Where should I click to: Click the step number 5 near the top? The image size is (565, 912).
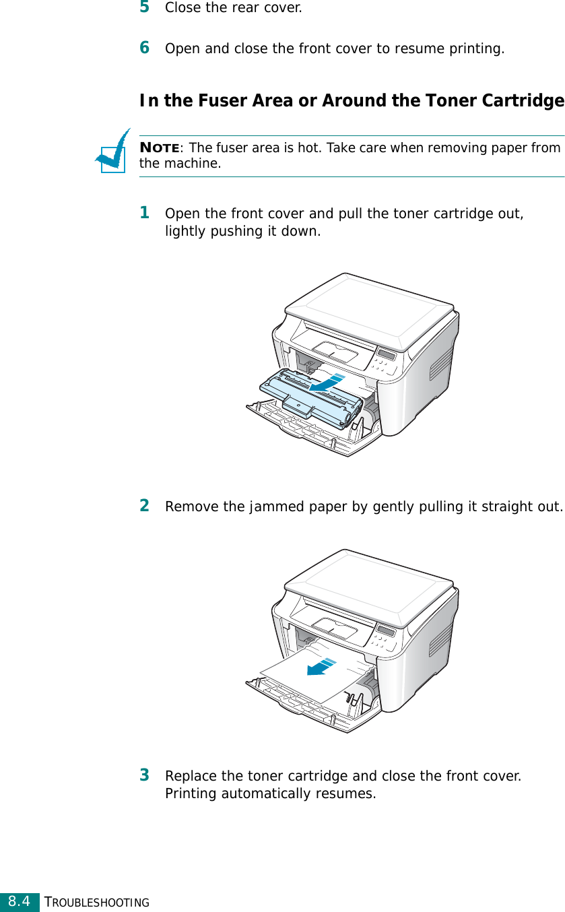point(144,7)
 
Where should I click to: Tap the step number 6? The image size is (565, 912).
point(144,48)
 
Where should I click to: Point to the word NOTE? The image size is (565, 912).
point(159,148)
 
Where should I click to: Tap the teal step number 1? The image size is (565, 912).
point(144,213)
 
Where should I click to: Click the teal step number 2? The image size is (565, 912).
point(144,505)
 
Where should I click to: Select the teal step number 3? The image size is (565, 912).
point(144,775)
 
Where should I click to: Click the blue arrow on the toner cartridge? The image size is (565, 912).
point(327,383)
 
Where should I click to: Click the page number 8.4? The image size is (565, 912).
point(20,901)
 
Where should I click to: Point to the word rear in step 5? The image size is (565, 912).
point(236,9)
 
